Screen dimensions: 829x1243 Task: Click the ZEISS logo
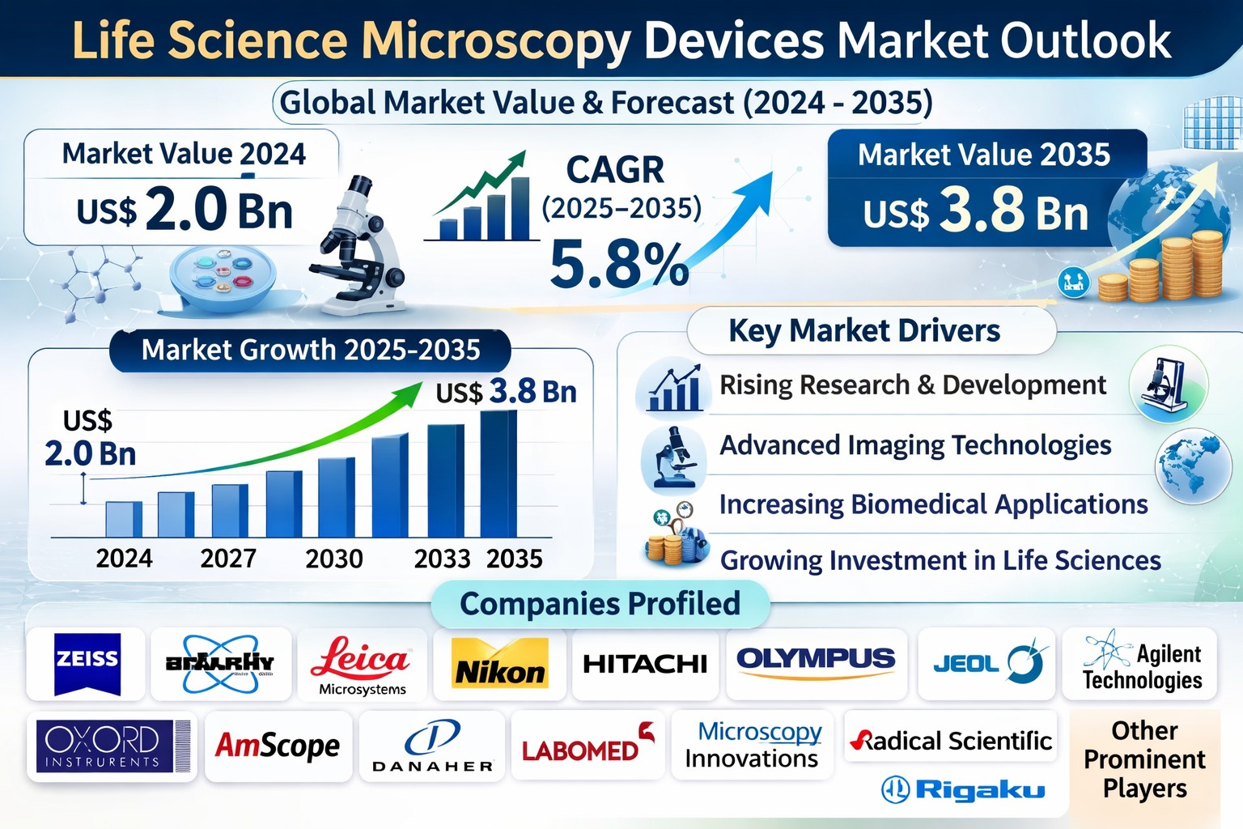(x=87, y=663)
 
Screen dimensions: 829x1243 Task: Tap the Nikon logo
(x=500, y=665)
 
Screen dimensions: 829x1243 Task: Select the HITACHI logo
(x=645, y=664)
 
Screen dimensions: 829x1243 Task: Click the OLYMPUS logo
(x=816, y=660)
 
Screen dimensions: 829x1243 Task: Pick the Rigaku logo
(x=963, y=789)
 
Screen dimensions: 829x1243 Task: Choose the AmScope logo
(x=278, y=746)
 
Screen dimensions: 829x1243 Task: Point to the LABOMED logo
(x=588, y=746)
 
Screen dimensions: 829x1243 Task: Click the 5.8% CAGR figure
(x=619, y=264)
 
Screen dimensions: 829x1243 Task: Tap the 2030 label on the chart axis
(x=334, y=559)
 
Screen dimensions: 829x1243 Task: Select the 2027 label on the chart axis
(x=228, y=559)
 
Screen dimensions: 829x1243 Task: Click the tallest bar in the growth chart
(x=498, y=474)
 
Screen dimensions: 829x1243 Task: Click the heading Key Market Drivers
(x=864, y=330)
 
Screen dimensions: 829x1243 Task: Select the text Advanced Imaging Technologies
(x=915, y=445)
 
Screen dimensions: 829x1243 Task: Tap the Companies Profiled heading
(x=600, y=604)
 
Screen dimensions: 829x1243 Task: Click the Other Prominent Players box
(x=1144, y=759)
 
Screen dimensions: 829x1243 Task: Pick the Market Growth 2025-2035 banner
(x=311, y=350)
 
